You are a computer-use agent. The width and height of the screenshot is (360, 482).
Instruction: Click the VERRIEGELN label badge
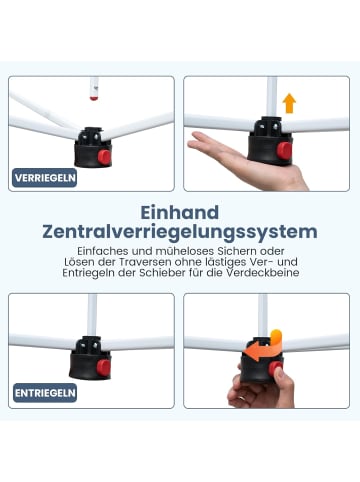coord(45,178)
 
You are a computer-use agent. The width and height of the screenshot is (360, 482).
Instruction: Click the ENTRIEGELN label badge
coord(45,393)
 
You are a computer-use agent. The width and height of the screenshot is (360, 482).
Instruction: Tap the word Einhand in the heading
coord(180,213)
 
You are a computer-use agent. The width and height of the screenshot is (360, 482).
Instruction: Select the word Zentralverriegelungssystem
coord(180,232)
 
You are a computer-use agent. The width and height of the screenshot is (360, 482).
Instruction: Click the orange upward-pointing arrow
coord(289,103)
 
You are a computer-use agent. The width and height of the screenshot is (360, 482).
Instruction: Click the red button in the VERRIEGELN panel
coord(104,157)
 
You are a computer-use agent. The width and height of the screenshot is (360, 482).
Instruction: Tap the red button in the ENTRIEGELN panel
coord(104,368)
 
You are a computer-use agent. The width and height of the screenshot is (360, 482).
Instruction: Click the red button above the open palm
coord(285,150)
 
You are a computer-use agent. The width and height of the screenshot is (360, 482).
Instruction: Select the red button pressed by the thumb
coord(276,368)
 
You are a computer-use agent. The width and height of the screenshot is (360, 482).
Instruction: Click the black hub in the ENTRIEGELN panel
coord(90,359)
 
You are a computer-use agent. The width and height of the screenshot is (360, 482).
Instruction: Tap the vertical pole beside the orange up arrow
coord(271,97)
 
